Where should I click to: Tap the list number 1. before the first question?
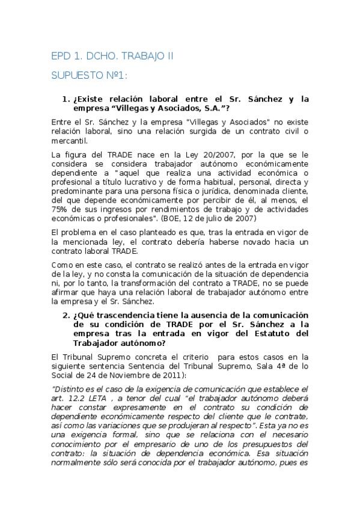pyautogui.click(x=66, y=99)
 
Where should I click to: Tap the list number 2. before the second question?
pyautogui.click(x=66, y=316)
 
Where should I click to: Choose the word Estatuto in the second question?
pyautogui.click(x=270, y=333)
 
